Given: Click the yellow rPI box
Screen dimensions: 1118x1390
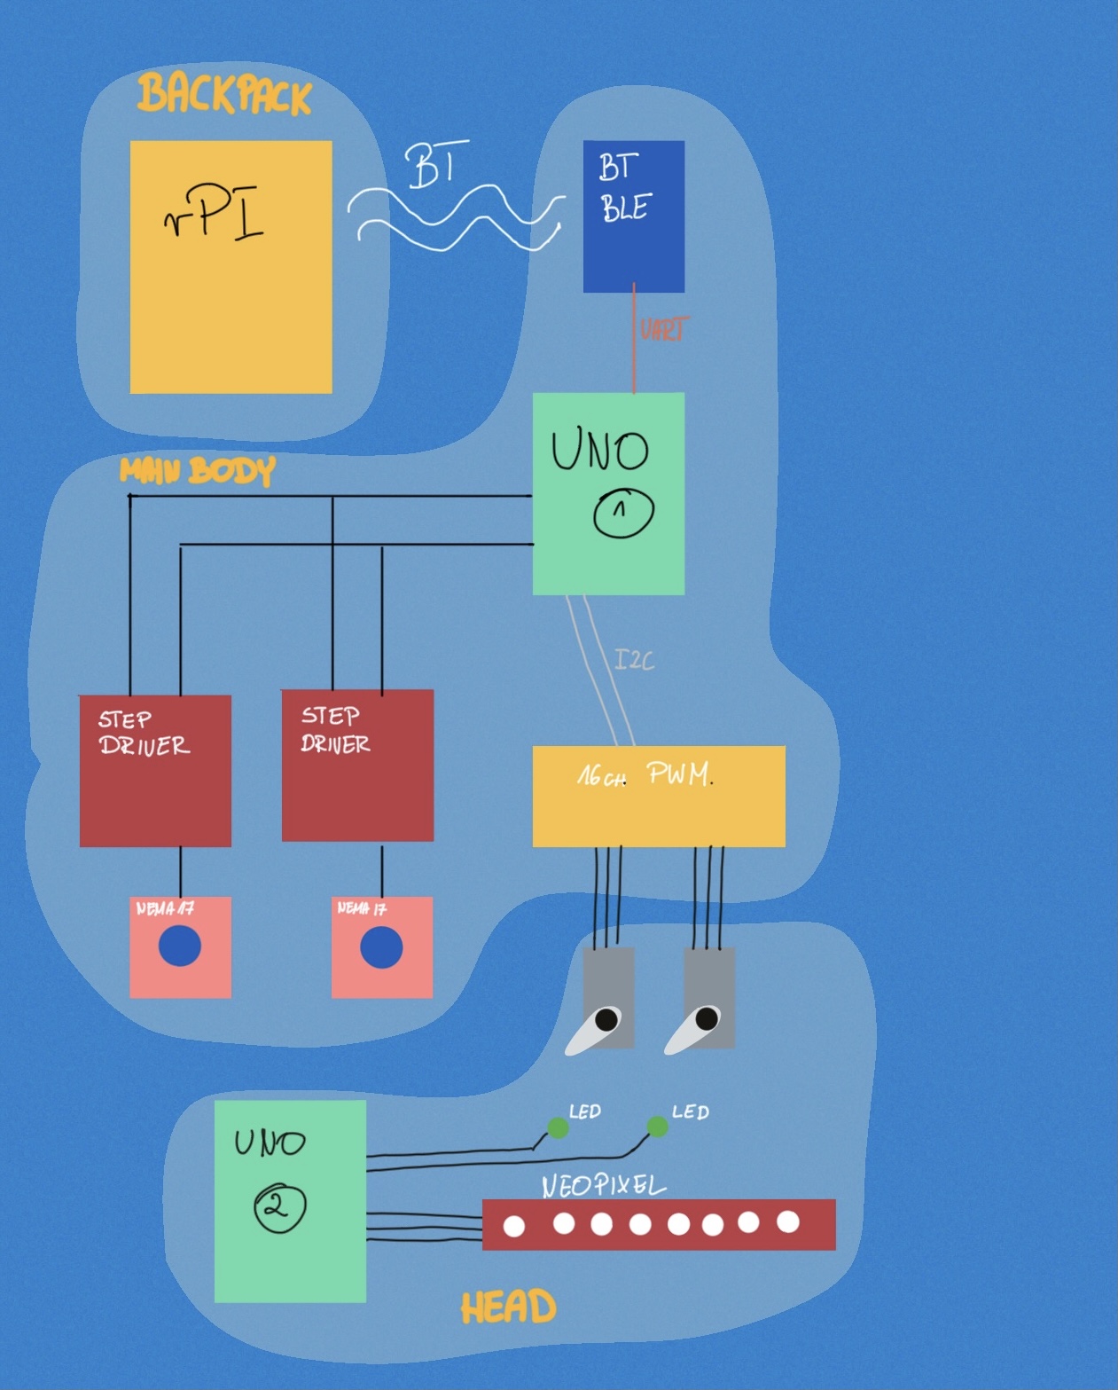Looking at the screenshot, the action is pyautogui.click(x=231, y=266).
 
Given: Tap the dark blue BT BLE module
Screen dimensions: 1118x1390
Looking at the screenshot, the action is pyautogui.click(x=633, y=216).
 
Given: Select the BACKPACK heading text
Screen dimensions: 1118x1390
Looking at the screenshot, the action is pyautogui.click(x=224, y=94).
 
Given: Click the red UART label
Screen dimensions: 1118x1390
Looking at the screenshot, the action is pyautogui.click(x=663, y=329).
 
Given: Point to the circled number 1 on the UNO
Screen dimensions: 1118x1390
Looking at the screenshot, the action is pyautogui.click(x=623, y=512).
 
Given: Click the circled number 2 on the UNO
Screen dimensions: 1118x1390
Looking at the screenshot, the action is pyautogui.click(x=279, y=1207).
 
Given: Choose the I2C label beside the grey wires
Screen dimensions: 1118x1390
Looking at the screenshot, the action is pyautogui.click(x=634, y=659).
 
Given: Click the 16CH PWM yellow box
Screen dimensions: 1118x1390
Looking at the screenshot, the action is pyautogui.click(x=658, y=796).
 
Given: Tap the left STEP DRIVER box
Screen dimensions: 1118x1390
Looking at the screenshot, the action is pyautogui.click(x=155, y=770).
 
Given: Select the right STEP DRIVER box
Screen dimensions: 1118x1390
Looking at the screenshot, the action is pyautogui.click(x=357, y=765).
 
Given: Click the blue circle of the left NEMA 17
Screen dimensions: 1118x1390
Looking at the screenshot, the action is pyautogui.click(x=180, y=946).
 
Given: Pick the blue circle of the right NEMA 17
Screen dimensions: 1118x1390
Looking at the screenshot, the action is pyautogui.click(x=381, y=947).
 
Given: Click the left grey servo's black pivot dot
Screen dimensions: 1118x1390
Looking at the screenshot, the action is pyautogui.click(x=606, y=1019).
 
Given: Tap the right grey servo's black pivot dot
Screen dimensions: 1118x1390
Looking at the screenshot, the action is pyautogui.click(x=707, y=1018).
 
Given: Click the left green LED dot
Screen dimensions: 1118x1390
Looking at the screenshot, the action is pyautogui.click(x=558, y=1127).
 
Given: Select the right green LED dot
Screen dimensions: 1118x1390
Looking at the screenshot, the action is pyautogui.click(x=657, y=1127).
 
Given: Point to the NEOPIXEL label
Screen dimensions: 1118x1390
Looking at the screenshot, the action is pyautogui.click(x=603, y=1185).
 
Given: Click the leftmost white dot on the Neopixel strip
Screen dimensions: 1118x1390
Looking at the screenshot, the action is pyautogui.click(x=514, y=1226).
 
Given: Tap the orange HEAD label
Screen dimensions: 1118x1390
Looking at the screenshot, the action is pyautogui.click(x=508, y=1308).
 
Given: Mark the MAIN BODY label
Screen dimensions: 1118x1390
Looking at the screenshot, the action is pyautogui.click(x=197, y=470).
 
